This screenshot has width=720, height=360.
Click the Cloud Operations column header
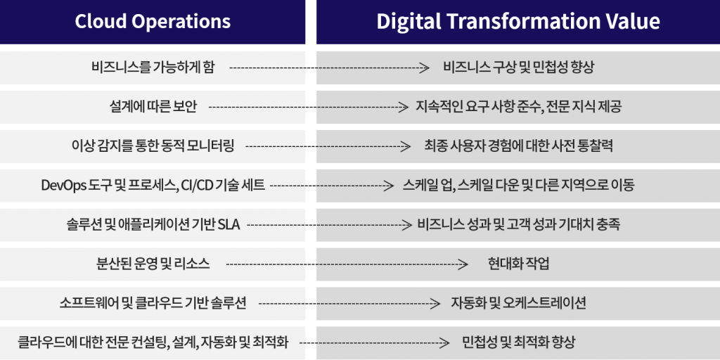pyautogui.click(x=153, y=22)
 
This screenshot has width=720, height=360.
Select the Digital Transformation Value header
pyautogui.click(x=518, y=22)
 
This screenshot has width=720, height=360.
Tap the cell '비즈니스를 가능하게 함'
pyautogui.click(x=153, y=68)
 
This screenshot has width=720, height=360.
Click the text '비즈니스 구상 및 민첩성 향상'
pyautogui.click(x=518, y=68)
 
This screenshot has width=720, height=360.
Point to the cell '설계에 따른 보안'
pyautogui.click(x=153, y=108)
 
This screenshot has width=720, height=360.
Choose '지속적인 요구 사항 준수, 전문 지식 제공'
pyautogui.click(x=518, y=108)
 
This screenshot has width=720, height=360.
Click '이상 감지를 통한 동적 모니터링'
pyautogui.click(x=153, y=146)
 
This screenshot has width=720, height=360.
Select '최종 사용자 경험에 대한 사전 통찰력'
pyautogui.click(x=518, y=146)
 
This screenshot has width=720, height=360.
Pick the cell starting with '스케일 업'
pyautogui.click(x=518, y=186)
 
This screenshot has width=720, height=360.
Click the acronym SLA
pyautogui.click(x=230, y=225)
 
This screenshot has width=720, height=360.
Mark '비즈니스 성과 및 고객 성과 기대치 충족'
pyautogui.click(x=518, y=225)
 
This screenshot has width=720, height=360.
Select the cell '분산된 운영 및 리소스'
pyautogui.click(x=153, y=264)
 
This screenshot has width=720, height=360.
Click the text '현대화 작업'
pyautogui.click(x=518, y=264)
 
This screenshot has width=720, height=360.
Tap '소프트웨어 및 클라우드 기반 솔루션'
pyautogui.click(x=153, y=303)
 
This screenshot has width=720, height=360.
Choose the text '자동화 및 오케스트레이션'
pyautogui.click(x=518, y=303)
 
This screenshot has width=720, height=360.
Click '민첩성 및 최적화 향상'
pyautogui.click(x=518, y=342)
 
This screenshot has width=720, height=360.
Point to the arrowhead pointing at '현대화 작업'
pyautogui.click(x=464, y=264)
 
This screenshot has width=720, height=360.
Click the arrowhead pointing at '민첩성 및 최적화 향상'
pyautogui.click(x=444, y=342)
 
